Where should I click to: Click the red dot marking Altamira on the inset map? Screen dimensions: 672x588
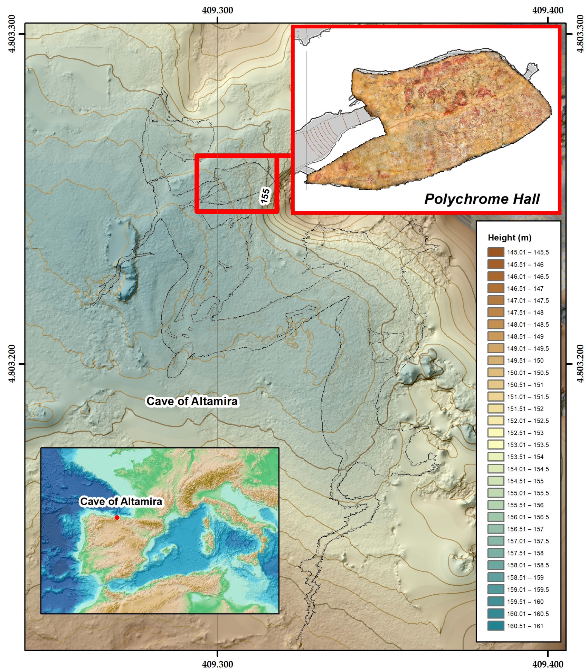117,517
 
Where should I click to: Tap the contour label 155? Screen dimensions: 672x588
265,196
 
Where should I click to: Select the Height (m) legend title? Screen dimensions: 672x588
509,238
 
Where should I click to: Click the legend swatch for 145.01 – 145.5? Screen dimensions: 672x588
495,252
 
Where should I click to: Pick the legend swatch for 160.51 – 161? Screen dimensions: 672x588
495,626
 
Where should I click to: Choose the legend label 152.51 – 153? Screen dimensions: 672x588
525,433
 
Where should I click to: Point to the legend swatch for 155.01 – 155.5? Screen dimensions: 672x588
495,493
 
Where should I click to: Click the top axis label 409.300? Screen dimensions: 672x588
217,10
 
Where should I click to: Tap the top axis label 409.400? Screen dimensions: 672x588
548,10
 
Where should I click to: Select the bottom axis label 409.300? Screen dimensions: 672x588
217,664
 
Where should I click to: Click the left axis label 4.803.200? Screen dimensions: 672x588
12,363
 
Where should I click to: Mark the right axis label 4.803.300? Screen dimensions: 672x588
580,33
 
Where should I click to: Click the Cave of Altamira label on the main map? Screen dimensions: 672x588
192,401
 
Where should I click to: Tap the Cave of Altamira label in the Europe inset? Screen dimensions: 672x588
121,501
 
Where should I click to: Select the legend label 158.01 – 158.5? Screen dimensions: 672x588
528,565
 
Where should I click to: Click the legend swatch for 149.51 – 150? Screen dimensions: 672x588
495,361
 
